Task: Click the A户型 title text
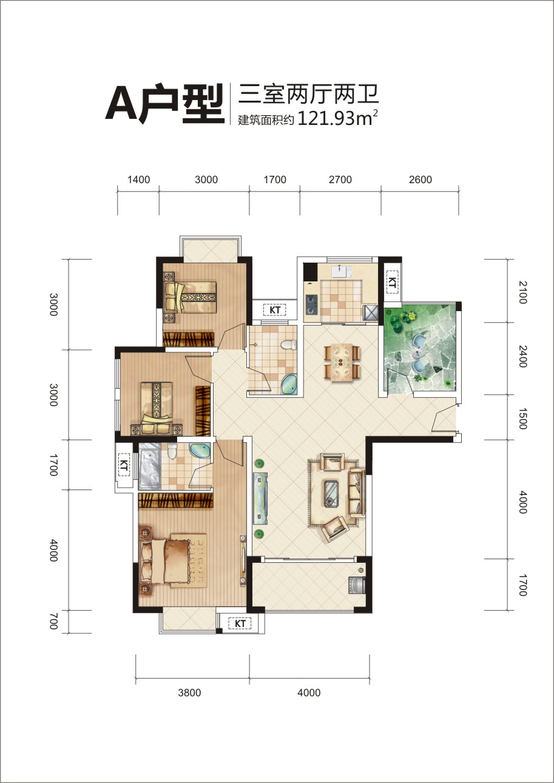point(164,104)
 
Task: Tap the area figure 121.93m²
point(338,118)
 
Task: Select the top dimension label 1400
point(138,180)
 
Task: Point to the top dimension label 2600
point(421,180)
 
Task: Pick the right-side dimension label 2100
point(522,292)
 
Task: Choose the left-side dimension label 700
point(53,622)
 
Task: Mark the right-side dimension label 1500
point(522,418)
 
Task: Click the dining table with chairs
point(342,361)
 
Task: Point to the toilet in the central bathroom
point(288,344)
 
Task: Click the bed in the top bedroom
point(191,297)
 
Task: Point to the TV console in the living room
point(260,498)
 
